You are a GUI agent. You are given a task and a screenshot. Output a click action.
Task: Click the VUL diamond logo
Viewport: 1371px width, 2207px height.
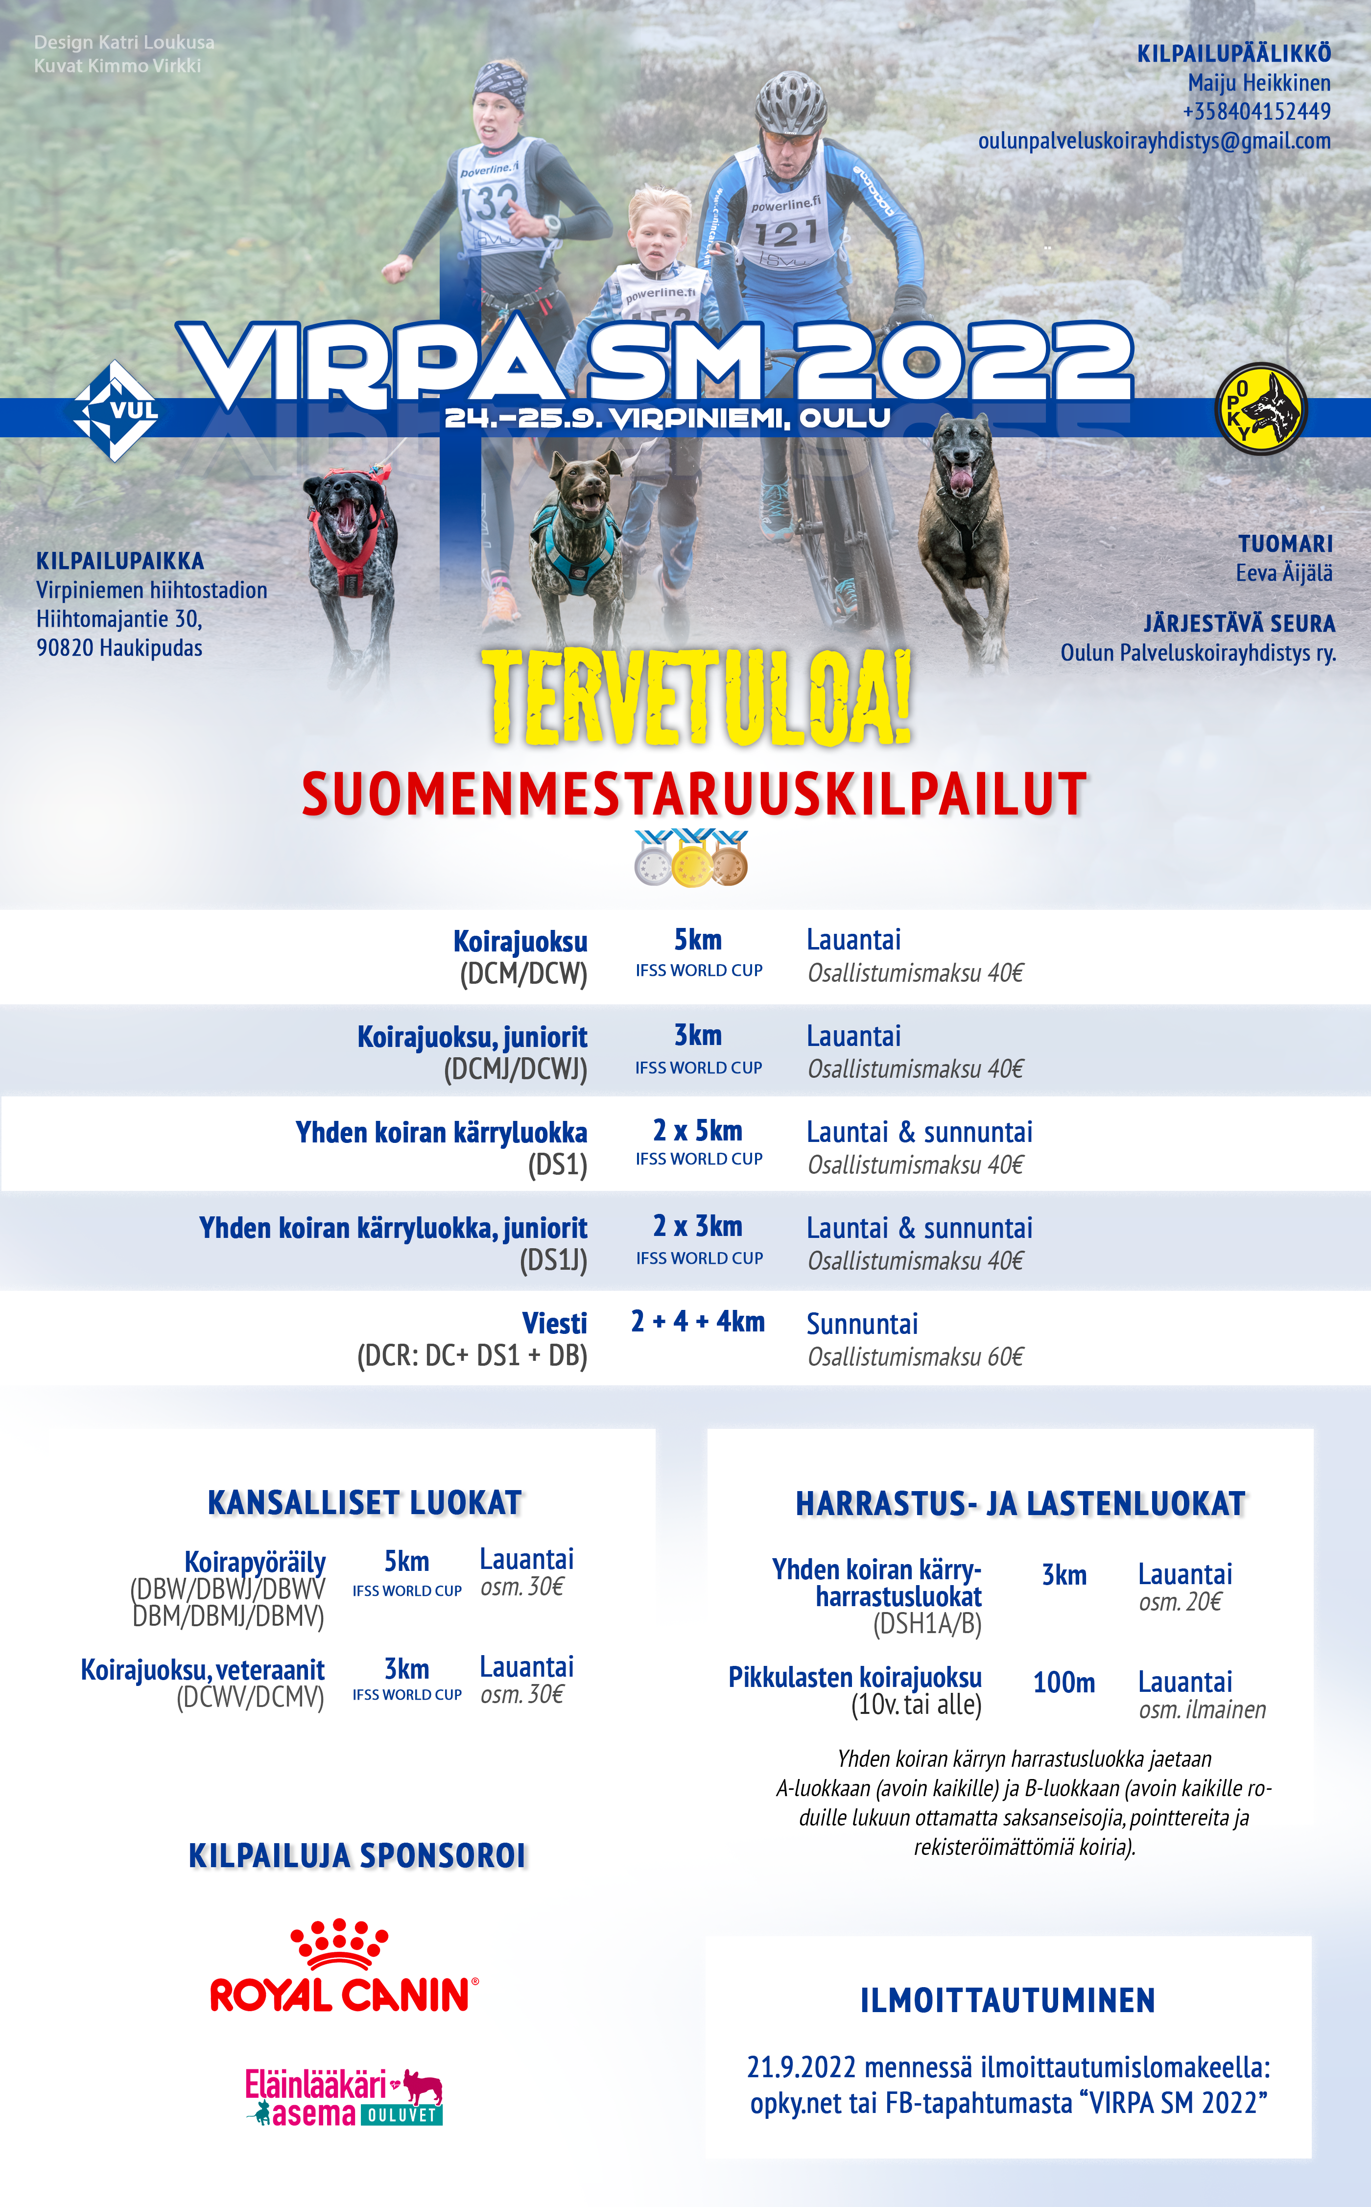pos(115,411)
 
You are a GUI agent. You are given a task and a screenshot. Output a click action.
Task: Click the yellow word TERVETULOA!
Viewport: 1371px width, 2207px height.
pos(696,698)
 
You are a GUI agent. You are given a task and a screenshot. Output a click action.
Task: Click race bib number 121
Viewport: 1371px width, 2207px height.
pos(785,235)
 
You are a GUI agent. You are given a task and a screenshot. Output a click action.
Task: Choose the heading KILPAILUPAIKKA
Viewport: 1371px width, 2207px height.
pos(119,561)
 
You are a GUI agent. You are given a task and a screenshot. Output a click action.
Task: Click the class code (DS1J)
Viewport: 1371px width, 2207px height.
pos(553,1261)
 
